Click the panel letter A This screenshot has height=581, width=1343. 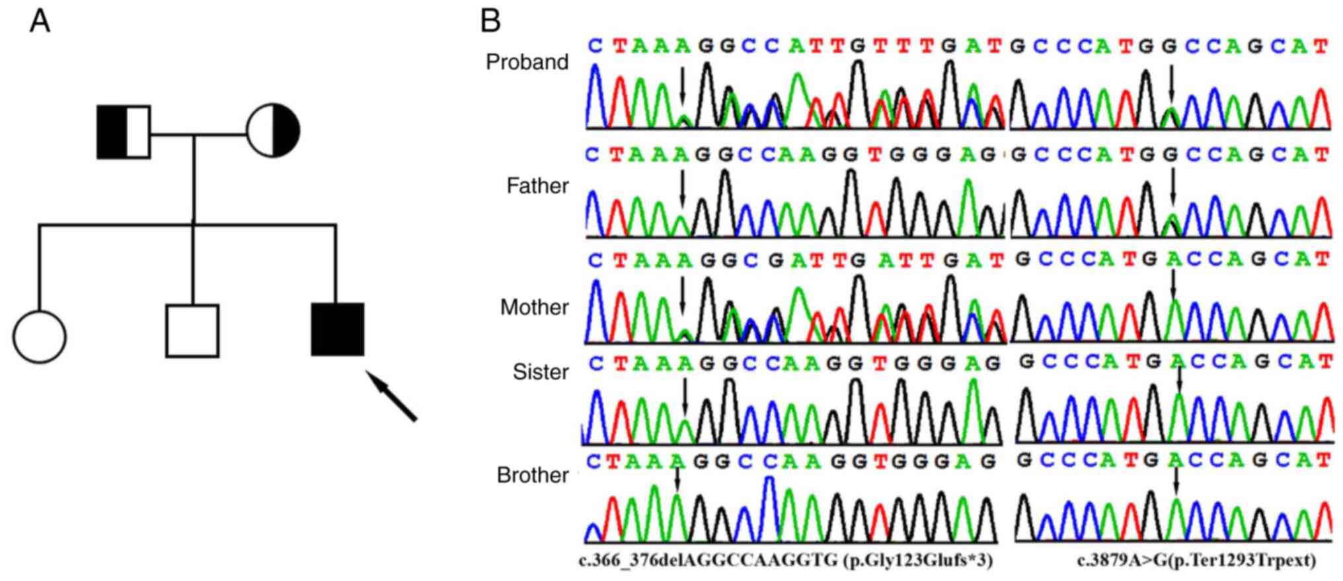(40, 21)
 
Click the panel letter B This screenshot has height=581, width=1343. (490, 21)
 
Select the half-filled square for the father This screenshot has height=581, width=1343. (124, 132)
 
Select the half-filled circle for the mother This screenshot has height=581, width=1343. (273, 131)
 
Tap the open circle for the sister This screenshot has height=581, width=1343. (40, 337)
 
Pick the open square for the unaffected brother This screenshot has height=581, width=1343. (192, 331)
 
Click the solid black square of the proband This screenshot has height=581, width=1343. (338, 329)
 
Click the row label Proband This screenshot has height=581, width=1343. (527, 62)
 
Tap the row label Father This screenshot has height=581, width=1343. (537, 186)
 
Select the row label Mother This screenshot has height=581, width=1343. (534, 307)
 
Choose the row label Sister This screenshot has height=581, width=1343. (540, 372)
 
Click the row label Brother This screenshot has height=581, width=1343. (532, 475)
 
